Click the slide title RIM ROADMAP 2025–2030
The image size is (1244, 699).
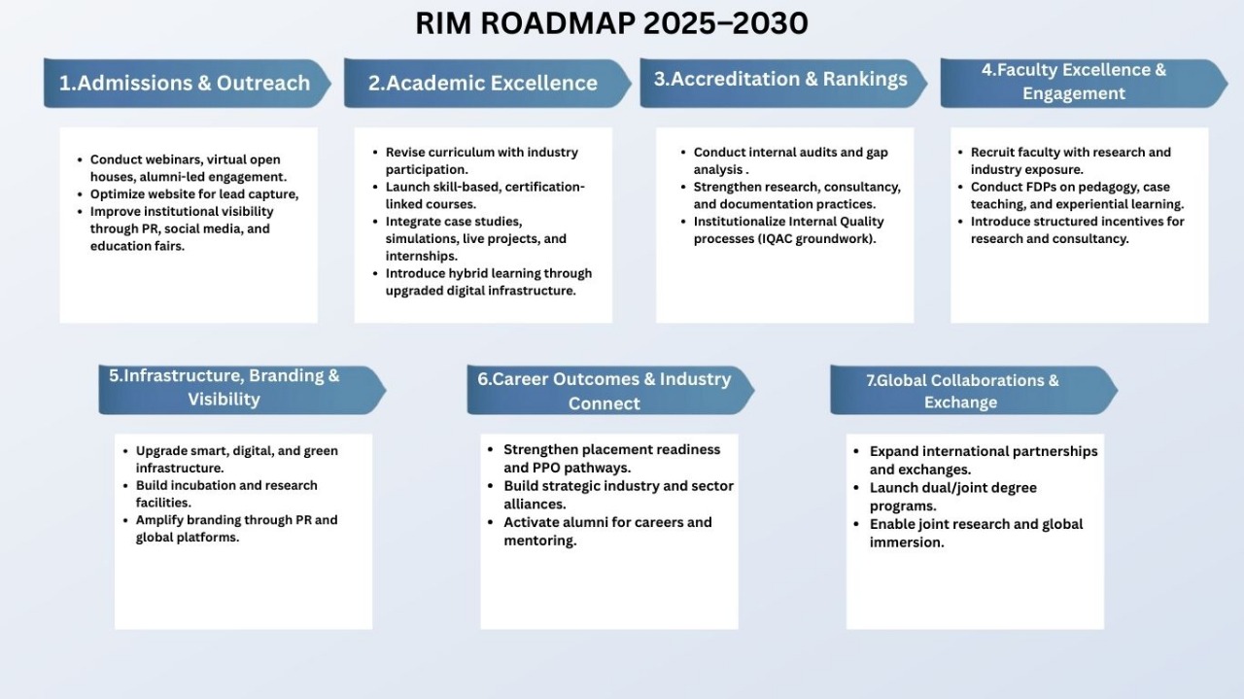611,23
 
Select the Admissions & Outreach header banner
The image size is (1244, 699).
185,83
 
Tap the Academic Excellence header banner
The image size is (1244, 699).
483,83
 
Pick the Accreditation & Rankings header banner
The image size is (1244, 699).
779,80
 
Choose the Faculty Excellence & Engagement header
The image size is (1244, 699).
1074,82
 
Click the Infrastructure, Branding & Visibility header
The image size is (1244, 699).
225,387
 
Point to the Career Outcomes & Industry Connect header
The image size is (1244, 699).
604,391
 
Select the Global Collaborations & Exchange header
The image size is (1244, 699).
962,391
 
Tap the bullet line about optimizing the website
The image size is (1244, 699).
194,194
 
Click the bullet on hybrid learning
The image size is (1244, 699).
488,282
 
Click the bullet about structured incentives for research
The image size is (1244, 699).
1077,229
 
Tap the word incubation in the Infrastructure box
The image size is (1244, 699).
201,485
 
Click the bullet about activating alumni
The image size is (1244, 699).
607,531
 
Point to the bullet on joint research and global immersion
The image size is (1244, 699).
976,533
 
